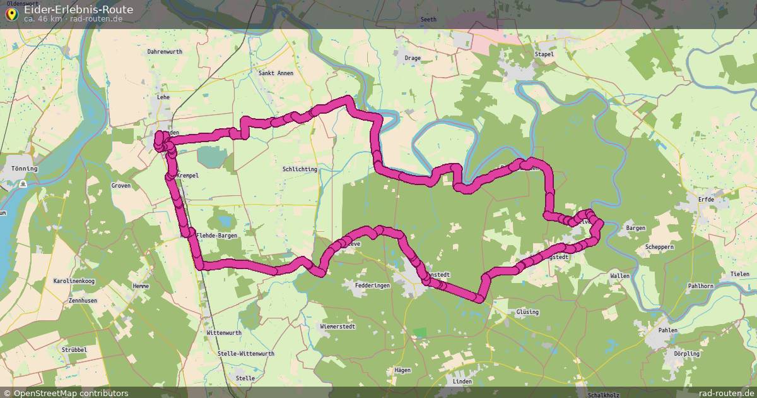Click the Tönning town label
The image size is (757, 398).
[x=25, y=169]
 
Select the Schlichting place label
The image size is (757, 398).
[x=300, y=170]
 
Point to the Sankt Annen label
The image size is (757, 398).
[x=276, y=73]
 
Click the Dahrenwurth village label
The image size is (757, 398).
[x=164, y=52]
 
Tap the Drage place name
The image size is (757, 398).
[x=413, y=58]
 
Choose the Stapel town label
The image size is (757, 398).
[x=544, y=54]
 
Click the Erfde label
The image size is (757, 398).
[x=705, y=200]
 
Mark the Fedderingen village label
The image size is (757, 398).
[x=373, y=286]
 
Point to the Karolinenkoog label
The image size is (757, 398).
[x=74, y=280]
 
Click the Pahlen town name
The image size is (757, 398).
[x=667, y=330]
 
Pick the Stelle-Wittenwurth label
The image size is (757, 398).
[x=245, y=354]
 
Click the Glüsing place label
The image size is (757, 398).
[x=527, y=312]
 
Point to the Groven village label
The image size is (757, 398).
[x=120, y=186]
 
